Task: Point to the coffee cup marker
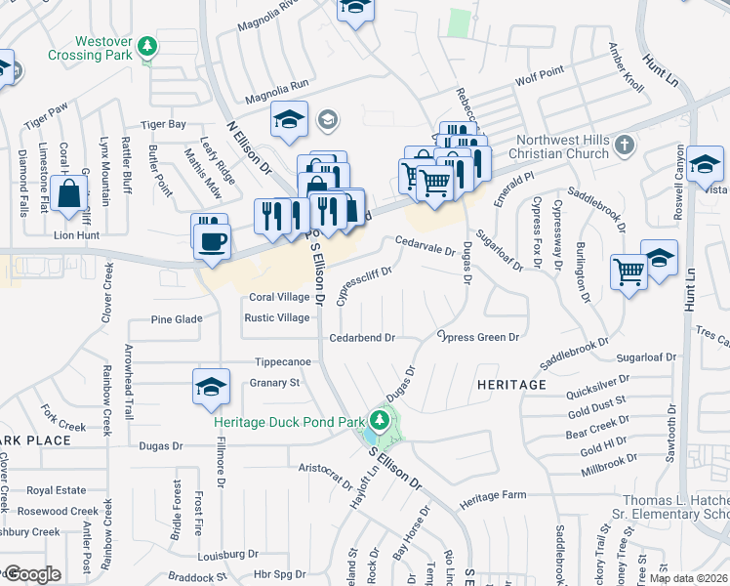tap(210, 239)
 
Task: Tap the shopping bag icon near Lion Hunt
tap(71, 194)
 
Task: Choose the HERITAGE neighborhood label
tap(511, 385)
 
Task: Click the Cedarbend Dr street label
tap(361, 338)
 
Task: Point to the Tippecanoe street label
tap(283, 361)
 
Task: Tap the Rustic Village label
tap(277, 317)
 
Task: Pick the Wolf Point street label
tap(540, 73)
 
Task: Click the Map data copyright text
tap(688, 578)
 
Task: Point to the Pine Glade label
tap(177, 319)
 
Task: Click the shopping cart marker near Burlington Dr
tap(629, 271)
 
